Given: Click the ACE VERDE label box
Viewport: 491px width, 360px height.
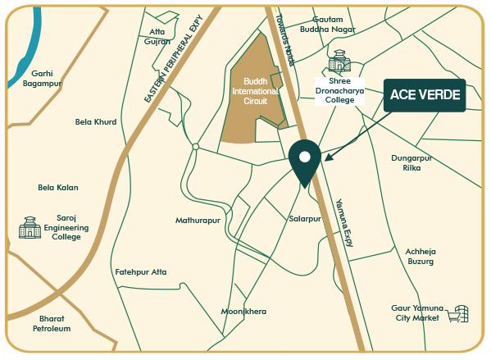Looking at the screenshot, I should click(x=424, y=95).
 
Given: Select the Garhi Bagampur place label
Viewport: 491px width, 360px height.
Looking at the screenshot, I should click(x=43, y=78).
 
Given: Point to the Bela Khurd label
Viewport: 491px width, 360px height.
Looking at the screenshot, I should click(x=96, y=121).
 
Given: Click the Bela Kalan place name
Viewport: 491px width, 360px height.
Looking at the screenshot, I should click(x=58, y=187).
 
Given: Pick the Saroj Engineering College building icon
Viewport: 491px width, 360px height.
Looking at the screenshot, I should click(x=30, y=227).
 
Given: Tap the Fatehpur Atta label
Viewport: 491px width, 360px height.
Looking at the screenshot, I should click(x=141, y=271).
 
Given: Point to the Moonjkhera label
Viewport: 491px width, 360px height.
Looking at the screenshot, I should click(x=243, y=312).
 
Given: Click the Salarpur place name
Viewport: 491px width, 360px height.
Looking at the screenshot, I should click(x=305, y=219).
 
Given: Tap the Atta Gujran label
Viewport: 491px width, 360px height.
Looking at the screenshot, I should click(x=157, y=37).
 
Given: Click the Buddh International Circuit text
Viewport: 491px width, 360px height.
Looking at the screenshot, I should click(x=255, y=89).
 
